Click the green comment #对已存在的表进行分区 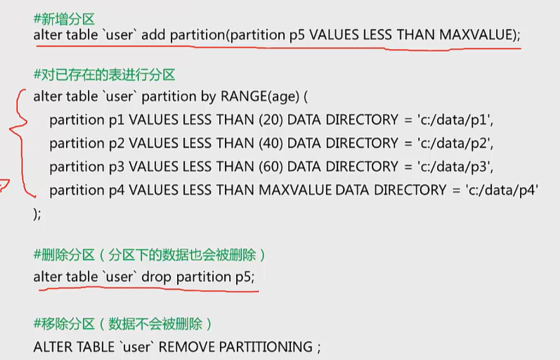[104, 75]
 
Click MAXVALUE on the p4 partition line [295, 189]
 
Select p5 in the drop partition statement [242, 277]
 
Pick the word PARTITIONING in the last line [266, 347]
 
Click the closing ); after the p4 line [37, 214]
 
